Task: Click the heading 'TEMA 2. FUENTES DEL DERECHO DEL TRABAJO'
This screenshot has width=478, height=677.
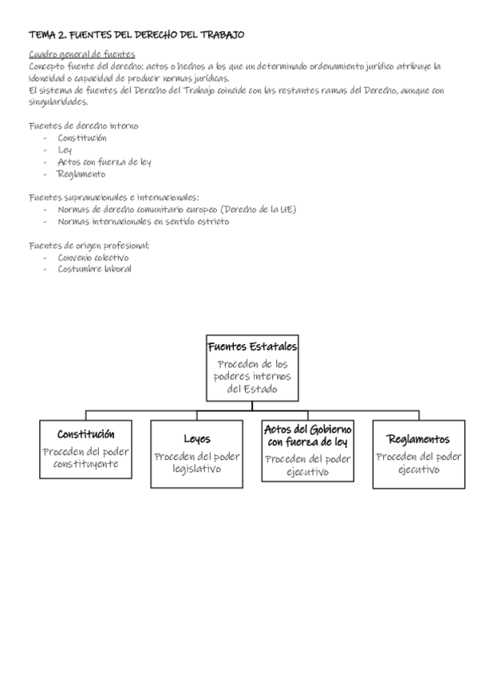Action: coord(136,35)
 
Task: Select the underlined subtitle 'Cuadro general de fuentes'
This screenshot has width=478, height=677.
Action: coord(82,54)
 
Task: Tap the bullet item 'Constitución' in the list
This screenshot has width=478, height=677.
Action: coord(82,138)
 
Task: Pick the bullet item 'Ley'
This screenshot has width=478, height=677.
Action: coord(65,150)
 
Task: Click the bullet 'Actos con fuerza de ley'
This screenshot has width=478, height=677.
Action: coord(105,162)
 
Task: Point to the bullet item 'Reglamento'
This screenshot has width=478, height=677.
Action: coord(81,174)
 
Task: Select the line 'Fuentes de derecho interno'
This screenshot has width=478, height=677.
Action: coord(84,126)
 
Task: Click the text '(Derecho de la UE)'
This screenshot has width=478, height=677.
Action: coord(258,209)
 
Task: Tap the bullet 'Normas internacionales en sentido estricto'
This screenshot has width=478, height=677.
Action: coord(144,221)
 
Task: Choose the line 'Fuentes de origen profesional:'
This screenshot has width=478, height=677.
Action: coord(89,246)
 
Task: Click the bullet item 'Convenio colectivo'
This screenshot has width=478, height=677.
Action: coord(93,258)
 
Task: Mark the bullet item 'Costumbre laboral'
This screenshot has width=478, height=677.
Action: coord(94,269)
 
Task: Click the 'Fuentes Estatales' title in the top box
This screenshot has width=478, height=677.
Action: coord(252,346)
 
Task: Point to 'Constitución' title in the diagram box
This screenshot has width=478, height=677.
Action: coord(86,434)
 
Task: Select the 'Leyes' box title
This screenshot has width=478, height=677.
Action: coord(197,439)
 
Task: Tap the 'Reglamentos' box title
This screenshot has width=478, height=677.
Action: coord(418,440)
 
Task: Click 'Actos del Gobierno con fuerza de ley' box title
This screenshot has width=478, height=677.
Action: coord(307,436)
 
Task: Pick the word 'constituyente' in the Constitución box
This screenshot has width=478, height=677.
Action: coord(86,464)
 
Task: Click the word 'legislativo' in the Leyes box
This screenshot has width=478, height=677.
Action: coord(197,469)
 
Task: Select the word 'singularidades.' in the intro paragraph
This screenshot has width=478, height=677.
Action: coord(58,102)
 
